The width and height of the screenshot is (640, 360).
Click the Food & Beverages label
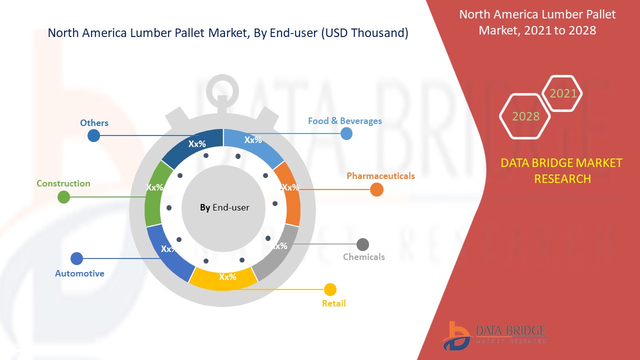[344, 121]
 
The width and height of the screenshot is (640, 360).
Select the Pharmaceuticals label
[380, 176]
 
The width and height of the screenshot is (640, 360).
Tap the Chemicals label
[363, 257]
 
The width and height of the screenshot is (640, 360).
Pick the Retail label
[333, 303]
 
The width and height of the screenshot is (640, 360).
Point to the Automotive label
[79, 273]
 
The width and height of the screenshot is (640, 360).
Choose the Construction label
[63, 183]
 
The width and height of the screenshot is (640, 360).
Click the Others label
[94, 123]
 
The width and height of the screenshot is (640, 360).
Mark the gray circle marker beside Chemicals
[362, 244]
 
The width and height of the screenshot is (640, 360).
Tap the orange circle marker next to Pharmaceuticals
[376, 189]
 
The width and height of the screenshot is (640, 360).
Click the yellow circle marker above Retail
[330, 289]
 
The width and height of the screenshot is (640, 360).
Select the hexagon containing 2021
[562, 93]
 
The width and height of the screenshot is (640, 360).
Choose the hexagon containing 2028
[525, 116]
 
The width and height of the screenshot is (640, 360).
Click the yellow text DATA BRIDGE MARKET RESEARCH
[562, 170]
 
